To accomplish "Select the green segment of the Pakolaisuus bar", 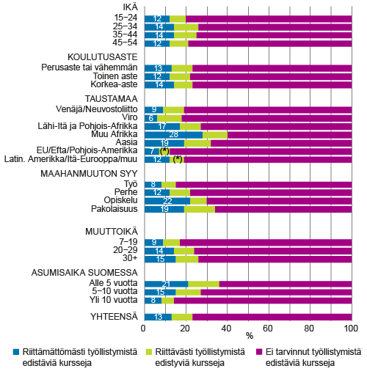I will tap(199, 209).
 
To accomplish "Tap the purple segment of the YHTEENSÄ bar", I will tap(272, 317).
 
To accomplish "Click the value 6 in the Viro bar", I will tap(153, 117).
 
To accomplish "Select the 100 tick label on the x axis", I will tap(352, 328).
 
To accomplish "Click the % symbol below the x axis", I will tap(249, 336).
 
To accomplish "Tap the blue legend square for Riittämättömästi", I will tap(7, 351).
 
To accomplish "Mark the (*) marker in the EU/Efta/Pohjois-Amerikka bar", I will tap(164, 150).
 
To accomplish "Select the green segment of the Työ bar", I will tap(168, 184).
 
